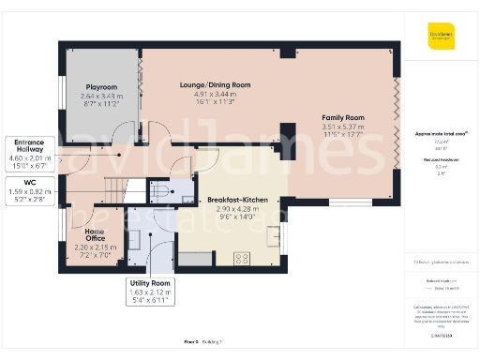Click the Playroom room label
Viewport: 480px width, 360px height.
point(101,85)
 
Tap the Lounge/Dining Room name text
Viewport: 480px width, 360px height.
point(215,84)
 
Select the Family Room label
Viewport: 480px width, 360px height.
point(342,117)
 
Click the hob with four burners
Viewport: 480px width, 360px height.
point(242,256)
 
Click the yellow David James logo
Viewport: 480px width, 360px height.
point(442,38)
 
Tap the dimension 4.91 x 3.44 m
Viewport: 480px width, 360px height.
point(215,95)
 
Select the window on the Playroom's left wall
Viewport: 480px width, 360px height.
point(63,93)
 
